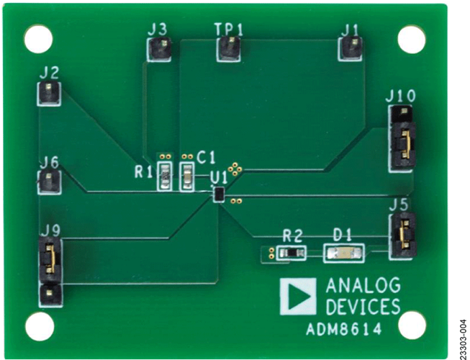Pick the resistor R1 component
click(x=165, y=176)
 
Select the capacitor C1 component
click(x=188, y=176)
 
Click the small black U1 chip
click(x=219, y=194)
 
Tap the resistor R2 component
click(x=292, y=253)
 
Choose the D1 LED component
click(x=344, y=253)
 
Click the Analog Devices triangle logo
click(x=298, y=297)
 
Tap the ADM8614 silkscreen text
click(x=344, y=330)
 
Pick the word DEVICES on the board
click(x=363, y=306)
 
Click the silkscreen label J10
click(x=401, y=96)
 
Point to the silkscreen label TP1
click(x=229, y=29)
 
